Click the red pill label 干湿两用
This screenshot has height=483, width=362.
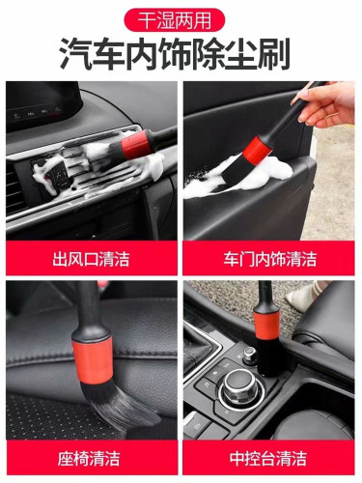(x=181, y=18)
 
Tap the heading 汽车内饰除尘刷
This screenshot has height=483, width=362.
(x=181, y=54)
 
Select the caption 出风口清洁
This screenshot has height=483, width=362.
(x=91, y=258)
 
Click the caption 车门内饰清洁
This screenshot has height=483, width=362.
(x=270, y=258)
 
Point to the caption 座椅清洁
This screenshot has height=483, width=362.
(x=91, y=458)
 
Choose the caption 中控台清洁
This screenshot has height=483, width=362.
(x=270, y=458)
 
